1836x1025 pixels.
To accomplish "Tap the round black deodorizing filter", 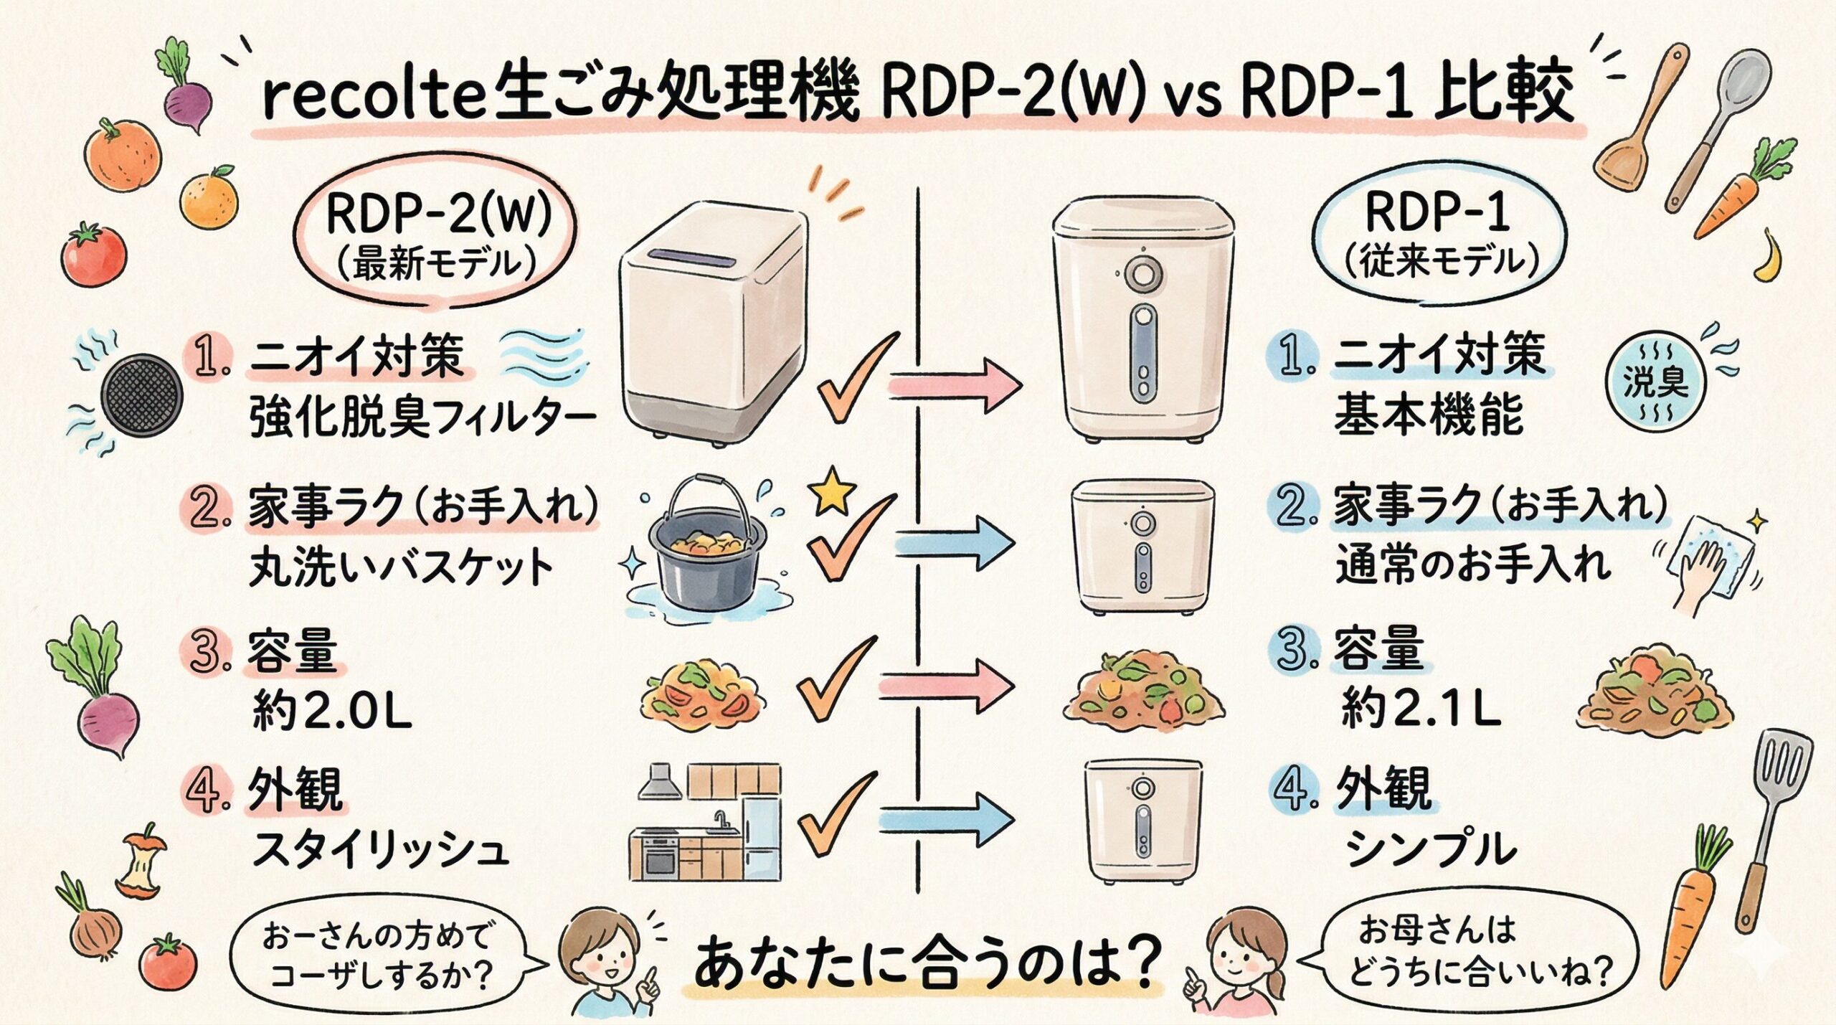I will pyautogui.click(x=141, y=395).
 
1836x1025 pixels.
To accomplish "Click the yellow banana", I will pyautogui.click(x=1771, y=258).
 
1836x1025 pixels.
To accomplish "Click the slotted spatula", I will pyautogui.click(x=1775, y=811).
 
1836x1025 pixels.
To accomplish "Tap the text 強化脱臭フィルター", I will pyautogui.click(x=423, y=417).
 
